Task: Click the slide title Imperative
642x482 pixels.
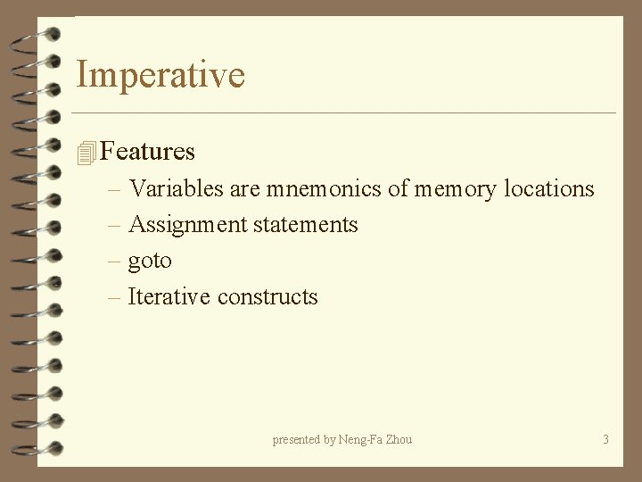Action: [x=160, y=75]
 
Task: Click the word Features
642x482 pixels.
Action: [x=148, y=152]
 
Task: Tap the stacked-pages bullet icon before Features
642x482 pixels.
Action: [x=86, y=154]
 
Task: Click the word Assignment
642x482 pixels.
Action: [x=187, y=225]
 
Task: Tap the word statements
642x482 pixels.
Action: [x=305, y=225]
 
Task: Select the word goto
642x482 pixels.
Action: [x=150, y=262]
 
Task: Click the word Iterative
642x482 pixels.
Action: [x=169, y=296]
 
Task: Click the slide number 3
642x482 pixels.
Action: [x=606, y=439]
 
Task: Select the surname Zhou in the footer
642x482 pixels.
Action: [x=400, y=439]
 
